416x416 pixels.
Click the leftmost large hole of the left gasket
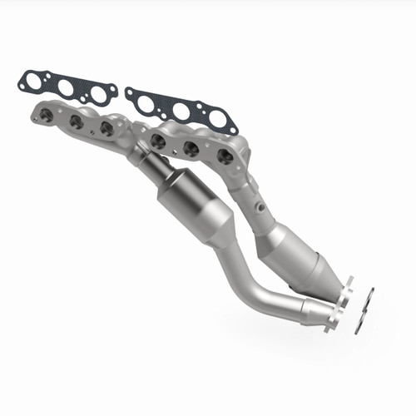40,83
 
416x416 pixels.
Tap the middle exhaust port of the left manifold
77,121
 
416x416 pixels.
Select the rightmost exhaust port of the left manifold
106,127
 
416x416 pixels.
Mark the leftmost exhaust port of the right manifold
157,141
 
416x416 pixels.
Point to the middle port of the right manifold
190,148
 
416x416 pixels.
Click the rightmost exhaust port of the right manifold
224,156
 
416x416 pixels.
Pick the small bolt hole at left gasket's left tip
22,79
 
